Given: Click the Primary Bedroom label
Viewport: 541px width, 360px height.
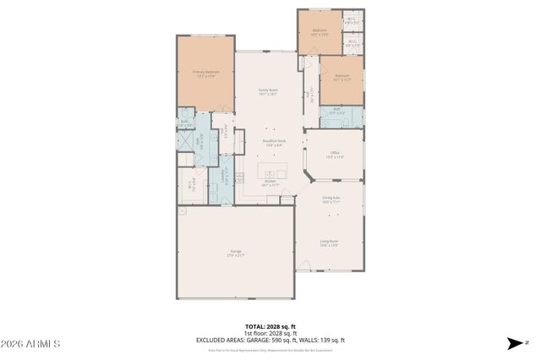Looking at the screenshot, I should (x=205, y=74).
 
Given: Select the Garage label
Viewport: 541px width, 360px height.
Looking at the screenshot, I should (x=236, y=252).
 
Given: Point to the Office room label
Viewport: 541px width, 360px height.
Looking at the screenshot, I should (x=335, y=155).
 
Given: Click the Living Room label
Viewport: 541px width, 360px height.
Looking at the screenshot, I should (x=329, y=243).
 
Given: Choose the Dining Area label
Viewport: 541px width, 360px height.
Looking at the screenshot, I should (x=330, y=201).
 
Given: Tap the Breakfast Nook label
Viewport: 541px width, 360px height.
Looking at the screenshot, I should (x=270, y=144).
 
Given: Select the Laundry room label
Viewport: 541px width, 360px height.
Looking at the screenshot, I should (x=223, y=177).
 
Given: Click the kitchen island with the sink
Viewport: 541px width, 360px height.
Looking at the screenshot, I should (x=274, y=170).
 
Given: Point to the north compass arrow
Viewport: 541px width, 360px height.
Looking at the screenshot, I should (x=513, y=343).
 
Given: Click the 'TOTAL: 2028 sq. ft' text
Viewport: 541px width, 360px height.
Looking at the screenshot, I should (x=270, y=325).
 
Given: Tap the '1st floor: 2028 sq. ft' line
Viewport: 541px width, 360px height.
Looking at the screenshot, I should (x=270, y=333).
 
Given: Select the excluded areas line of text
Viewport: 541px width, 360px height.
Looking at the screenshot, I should (x=270, y=340).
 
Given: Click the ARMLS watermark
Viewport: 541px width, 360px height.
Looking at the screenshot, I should (x=31, y=344).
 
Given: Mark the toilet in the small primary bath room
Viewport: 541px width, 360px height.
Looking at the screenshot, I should (x=183, y=124).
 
